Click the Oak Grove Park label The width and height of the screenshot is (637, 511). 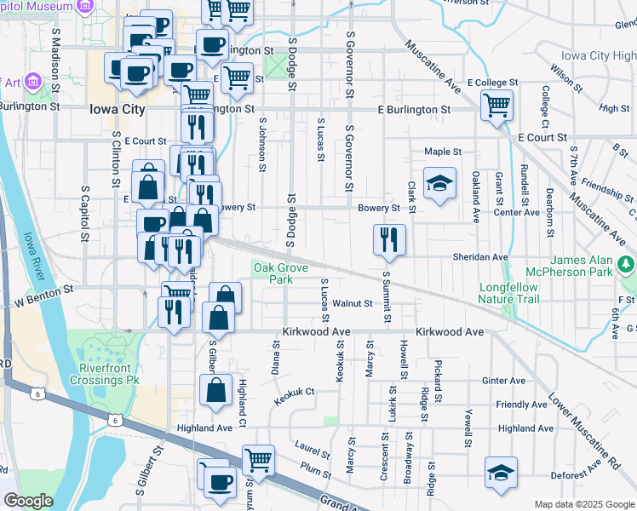(274, 273)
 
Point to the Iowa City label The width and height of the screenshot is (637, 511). (117, 110)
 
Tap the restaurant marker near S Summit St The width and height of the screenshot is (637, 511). (389, 239)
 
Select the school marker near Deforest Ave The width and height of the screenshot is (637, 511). (501, 473)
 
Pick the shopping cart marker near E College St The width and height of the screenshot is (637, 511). (497, 106)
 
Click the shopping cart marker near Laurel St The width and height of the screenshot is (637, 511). (258, 461)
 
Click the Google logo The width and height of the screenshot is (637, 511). (28, 501)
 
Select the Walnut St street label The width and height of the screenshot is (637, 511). (353, 303)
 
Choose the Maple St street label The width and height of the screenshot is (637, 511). (443, 152)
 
